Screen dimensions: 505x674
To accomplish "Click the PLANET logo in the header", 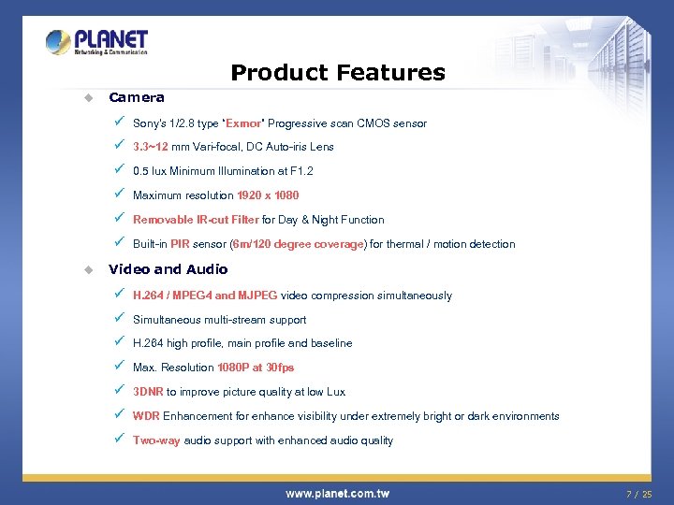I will [97, 42].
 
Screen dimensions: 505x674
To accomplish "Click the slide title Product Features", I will [338, 72].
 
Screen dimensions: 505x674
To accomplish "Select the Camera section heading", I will [137, 97].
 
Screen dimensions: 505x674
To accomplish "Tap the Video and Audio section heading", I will [168, 269].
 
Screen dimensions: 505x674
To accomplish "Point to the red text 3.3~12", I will [151, 147].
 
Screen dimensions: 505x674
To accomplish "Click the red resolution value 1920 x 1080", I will [268, 195].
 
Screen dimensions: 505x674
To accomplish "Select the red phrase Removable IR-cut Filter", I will [196, 220].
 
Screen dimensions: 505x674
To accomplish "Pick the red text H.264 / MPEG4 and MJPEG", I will [205, 296].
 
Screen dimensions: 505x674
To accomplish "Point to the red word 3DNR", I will [148, 392].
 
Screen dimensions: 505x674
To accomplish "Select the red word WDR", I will [146, 416].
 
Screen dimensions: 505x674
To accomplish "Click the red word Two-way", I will [156, 440].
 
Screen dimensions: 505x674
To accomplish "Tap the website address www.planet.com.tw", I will [337, 493].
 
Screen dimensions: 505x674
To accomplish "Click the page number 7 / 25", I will [639, 493].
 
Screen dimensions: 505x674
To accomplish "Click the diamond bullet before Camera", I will [88, 97].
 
